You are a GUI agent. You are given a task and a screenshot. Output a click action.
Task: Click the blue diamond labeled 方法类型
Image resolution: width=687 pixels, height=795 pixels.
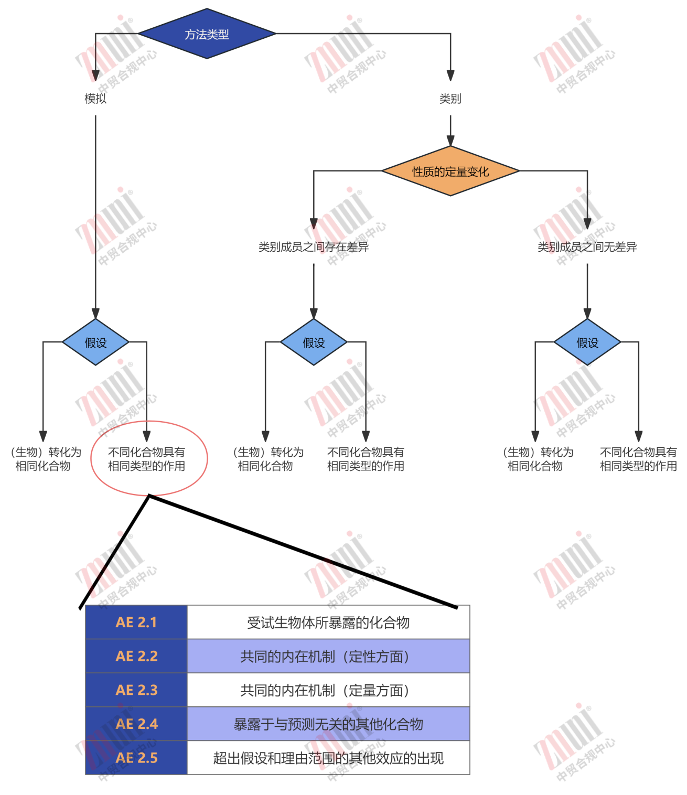207,34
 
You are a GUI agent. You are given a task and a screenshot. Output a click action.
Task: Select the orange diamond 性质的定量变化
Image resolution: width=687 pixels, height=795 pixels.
450,171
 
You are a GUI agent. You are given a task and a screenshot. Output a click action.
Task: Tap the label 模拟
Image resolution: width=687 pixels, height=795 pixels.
95,99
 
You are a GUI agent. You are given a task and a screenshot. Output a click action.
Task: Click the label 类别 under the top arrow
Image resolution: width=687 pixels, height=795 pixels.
450,99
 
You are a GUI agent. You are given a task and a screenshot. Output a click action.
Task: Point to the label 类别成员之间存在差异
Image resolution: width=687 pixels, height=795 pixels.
314,247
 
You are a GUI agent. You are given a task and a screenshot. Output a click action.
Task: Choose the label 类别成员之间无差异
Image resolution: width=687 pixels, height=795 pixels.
587,247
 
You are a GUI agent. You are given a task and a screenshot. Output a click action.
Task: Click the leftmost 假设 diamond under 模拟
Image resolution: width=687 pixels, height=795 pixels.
95,342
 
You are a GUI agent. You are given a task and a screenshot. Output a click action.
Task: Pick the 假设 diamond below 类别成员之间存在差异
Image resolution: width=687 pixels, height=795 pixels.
314,342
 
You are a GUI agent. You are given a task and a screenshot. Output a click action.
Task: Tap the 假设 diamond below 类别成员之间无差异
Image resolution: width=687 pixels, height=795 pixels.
587,342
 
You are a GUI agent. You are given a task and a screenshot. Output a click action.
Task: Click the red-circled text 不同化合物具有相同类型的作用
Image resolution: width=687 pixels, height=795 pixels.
146,459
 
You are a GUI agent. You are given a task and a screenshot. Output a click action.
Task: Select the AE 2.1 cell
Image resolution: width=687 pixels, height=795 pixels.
136,622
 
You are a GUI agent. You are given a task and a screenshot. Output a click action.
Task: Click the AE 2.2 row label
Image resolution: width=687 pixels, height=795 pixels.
136,656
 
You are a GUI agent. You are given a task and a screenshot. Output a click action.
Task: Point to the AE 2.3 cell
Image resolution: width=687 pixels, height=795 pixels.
136,690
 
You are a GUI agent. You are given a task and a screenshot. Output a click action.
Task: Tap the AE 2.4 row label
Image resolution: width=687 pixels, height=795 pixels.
136,724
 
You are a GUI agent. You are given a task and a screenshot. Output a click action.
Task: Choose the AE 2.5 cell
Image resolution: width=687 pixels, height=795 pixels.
136,758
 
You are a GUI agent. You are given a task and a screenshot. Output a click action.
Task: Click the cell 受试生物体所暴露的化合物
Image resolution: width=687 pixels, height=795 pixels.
328,622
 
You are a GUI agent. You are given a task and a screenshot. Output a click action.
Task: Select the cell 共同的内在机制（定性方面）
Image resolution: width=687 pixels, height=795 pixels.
328,656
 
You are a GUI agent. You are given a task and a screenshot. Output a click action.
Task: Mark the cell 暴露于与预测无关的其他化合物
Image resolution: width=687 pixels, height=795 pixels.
328,724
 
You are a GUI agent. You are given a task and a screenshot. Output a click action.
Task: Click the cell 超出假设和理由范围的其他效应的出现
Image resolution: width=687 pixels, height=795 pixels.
328,758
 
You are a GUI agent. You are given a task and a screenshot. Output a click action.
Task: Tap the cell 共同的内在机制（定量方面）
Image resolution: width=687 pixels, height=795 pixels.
328,690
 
